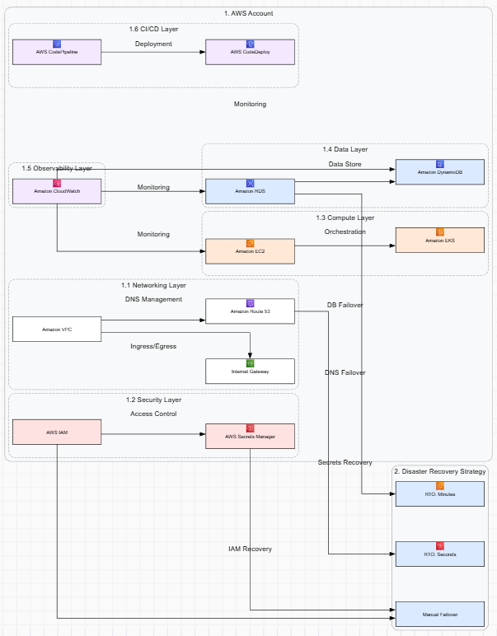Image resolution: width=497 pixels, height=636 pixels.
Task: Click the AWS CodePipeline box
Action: point(57,52)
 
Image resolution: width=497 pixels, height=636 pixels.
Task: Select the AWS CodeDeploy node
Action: point(250,52)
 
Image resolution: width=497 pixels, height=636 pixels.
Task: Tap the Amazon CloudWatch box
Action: point(57,191)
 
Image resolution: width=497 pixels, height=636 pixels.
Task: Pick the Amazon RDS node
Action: point(250,191)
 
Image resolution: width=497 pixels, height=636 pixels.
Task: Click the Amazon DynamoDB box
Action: point(440,171)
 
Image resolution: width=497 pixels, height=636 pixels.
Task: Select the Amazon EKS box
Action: point(440,239)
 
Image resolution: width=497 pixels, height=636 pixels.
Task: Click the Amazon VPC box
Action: point(57,330)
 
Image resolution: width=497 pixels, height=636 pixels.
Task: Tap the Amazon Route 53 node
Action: point(250,311)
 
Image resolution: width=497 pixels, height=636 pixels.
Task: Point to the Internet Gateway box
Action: point(250,371)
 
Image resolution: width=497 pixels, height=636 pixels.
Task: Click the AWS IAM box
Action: point(57,432)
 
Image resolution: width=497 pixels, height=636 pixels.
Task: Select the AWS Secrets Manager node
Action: point(250,436)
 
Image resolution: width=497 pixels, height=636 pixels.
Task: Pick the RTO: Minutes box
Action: point(440,493)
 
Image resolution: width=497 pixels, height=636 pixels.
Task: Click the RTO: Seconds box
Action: point(440,554)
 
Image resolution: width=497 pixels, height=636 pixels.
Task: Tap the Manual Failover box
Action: point(440,614)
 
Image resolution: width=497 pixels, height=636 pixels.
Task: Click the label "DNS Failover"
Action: point(345,373)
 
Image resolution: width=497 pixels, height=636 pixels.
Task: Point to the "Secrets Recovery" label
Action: point(345,462)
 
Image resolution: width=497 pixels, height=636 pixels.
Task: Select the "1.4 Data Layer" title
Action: point(345,150)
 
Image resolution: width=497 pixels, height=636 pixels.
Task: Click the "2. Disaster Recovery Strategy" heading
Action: point(439,471)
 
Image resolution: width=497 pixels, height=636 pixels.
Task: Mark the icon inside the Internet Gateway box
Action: point(250,363)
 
